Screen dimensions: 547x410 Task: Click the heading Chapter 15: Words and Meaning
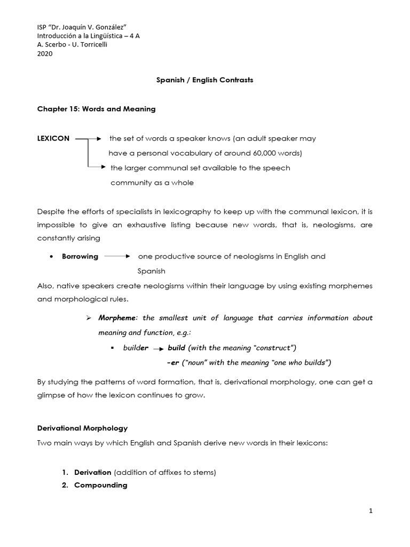coord(96,109)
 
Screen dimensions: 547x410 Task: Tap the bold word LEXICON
coord(53,138)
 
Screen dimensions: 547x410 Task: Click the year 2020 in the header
coord(45,54)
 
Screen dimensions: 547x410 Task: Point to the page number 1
coord(370,511)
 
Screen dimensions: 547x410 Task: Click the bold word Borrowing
coord(80,256)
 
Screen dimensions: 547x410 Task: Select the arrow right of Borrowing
coord(117,256)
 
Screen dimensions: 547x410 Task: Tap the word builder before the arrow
coord(136,348)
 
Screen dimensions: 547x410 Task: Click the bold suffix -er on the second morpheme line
coord(172,363)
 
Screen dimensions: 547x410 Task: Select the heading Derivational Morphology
coord(82,428)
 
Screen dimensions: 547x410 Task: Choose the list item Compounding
coord(100,485)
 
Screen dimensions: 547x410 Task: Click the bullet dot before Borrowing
coord(50,257)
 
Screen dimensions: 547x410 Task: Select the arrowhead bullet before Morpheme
coord(89,318)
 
